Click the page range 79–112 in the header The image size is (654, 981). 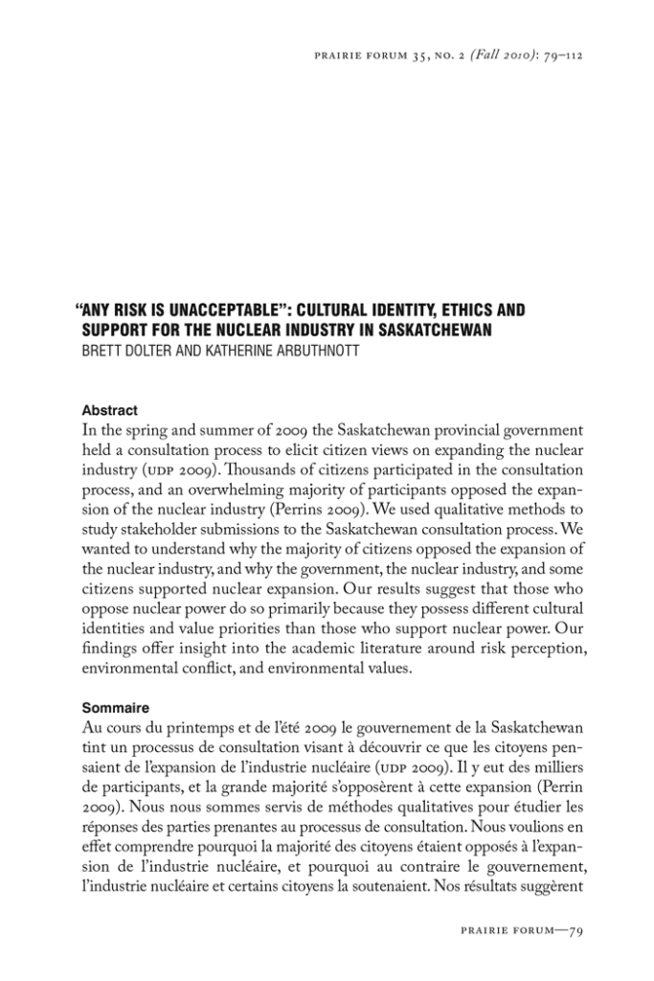[x=561, y=55]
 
